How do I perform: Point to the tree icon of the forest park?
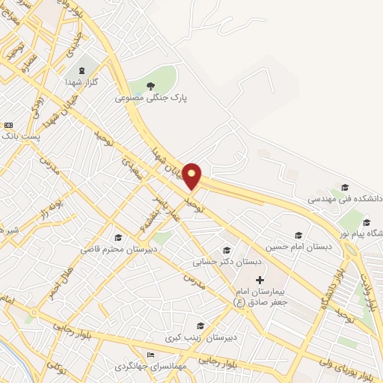(x=150, y=85)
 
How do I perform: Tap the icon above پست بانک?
(x=8, y=125)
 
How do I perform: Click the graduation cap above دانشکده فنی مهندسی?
(x=344, y=187)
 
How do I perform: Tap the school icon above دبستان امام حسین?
(x=298, y=234)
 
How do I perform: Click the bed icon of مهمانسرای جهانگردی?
(x=152, y=355)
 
